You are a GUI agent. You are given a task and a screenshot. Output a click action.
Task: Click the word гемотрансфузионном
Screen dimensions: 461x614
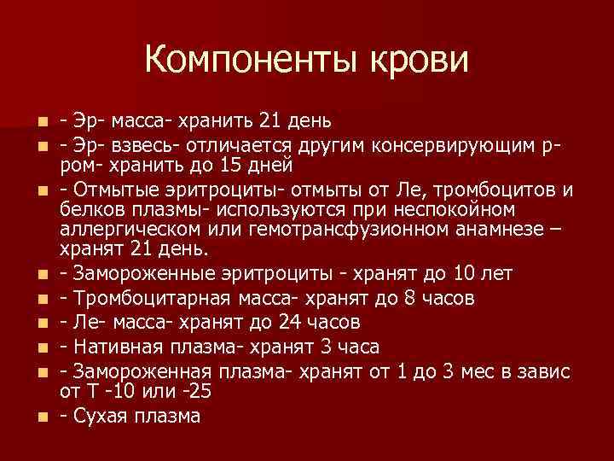(326, 228)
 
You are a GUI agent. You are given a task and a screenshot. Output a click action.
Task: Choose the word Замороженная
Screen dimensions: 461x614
(139, 371)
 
